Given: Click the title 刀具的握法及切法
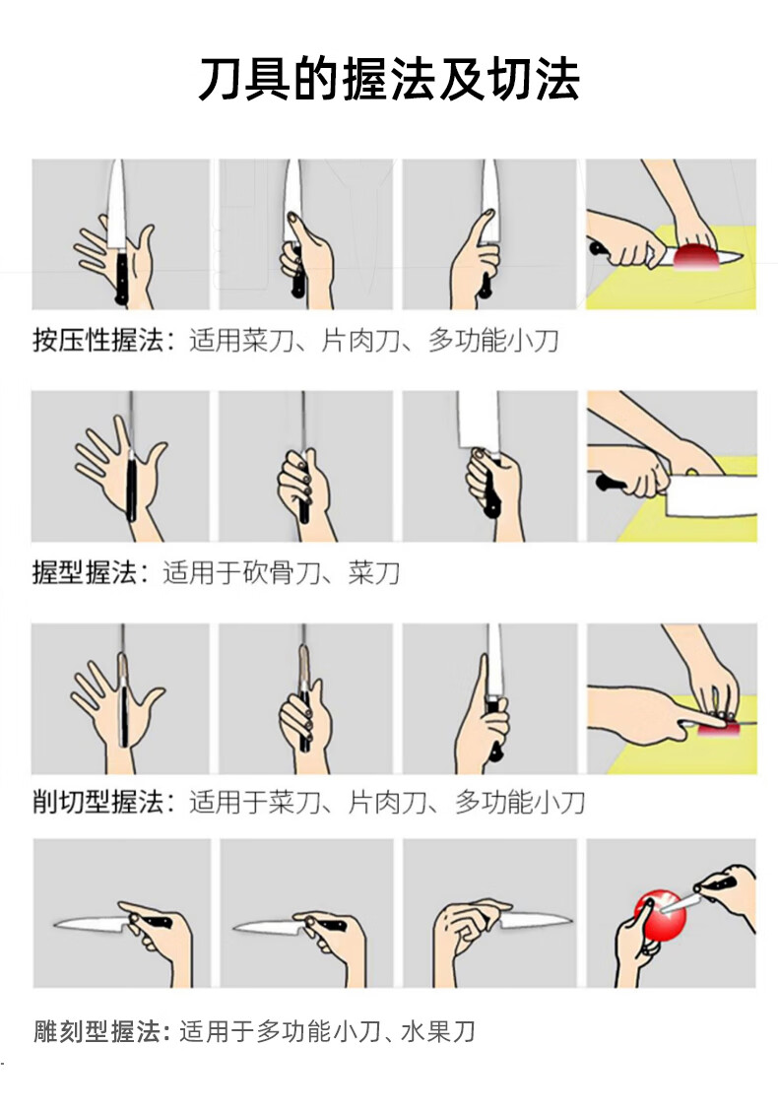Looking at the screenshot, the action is pyautogui.click(x=389, y=79).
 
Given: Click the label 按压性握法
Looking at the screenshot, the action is pyautogui.click(x=97, y=341).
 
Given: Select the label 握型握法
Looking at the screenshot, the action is pyautogui.click(x=85, y=572).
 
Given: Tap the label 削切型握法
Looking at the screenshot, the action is pyautogui.click(x=97, y=802).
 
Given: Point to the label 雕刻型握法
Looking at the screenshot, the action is pyautogui.click(x=97, y=1031).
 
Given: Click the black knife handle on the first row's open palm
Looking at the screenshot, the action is pyautogui.click(x=121, y=278).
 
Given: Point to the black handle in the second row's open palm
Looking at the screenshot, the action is pyautogui.click(x=132, y=489).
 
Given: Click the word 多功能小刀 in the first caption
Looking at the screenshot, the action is pyautogui.click(x=493, y=341).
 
